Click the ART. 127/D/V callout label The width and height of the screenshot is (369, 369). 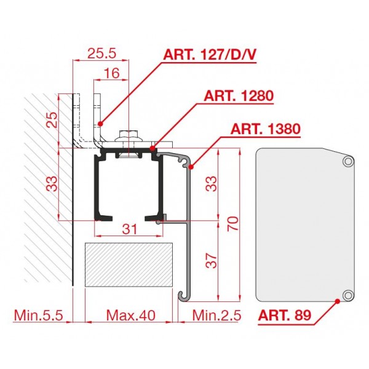[210, 55]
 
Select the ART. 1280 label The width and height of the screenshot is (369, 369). [239, 96]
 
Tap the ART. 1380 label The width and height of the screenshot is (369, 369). [266, 129]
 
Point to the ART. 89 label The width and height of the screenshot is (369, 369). [285, 315]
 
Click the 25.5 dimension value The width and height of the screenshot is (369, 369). [101, 54]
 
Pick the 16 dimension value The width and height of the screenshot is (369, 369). [111, 73]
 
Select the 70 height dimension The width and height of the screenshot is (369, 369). [233, 224]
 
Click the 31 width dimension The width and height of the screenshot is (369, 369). [130, 229]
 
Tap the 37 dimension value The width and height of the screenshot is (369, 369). [211, 261]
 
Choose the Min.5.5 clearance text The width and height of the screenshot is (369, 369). [39, 315]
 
